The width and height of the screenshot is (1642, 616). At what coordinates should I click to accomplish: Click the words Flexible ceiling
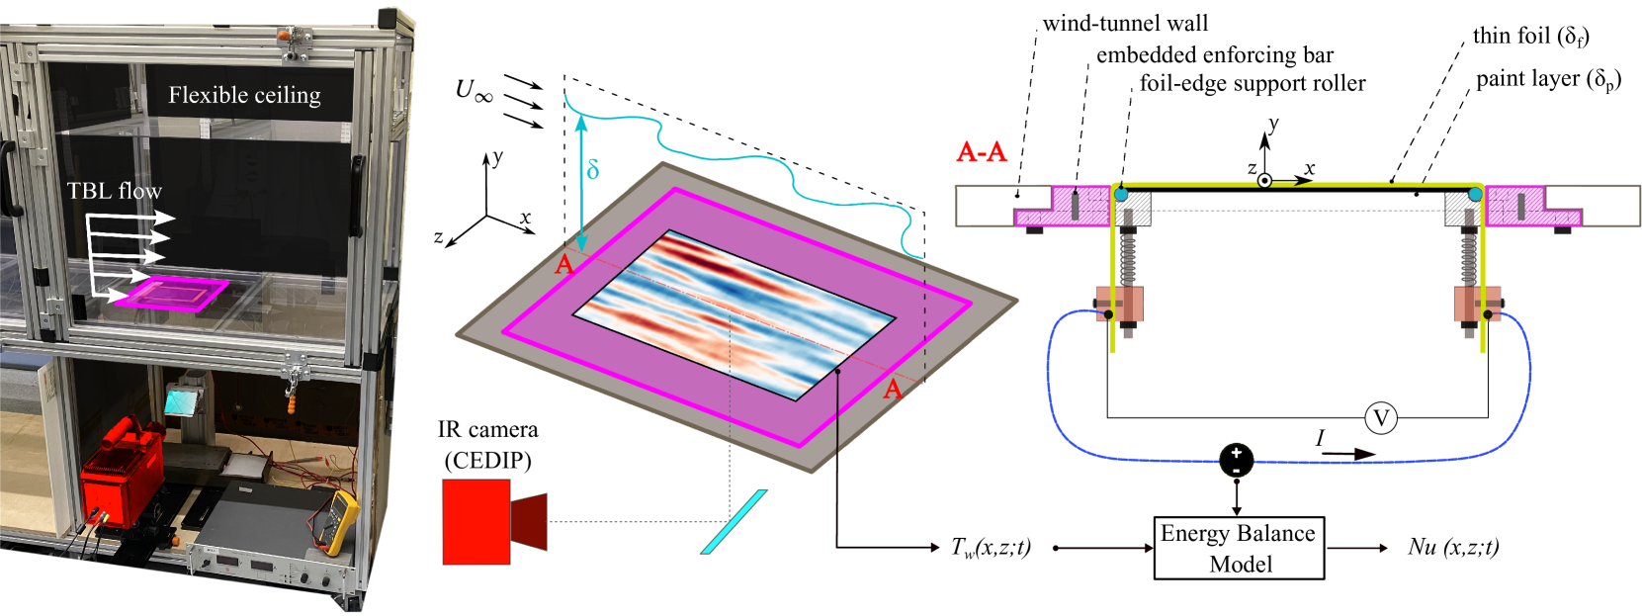(244, 95)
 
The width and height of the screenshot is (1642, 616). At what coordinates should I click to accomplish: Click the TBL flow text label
(114, 191)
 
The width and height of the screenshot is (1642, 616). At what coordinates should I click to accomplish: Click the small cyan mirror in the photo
(182, 400)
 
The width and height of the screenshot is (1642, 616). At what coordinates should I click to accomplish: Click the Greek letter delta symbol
(592, 169)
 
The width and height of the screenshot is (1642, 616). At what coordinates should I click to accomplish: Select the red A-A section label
(981, 151)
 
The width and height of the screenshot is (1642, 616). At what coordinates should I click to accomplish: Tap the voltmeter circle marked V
(1380, 418)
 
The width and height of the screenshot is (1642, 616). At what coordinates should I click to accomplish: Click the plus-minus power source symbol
(1236, 460)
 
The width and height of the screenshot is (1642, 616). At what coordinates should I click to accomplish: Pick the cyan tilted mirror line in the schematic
(734, 521)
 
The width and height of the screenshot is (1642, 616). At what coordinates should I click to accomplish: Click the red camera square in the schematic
(475, 521)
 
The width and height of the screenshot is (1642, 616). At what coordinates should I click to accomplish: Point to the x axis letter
(525, 218)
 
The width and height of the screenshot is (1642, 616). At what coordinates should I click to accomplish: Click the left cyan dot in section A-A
(1120, 194)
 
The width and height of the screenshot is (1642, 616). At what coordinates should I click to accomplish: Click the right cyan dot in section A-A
(1475, 194)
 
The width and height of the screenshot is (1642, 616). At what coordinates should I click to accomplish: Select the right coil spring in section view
(1469, 257)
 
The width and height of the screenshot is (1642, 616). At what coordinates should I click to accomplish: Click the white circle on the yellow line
(1263, 181)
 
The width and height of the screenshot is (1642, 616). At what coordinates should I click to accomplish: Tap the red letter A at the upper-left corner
(563, 264)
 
